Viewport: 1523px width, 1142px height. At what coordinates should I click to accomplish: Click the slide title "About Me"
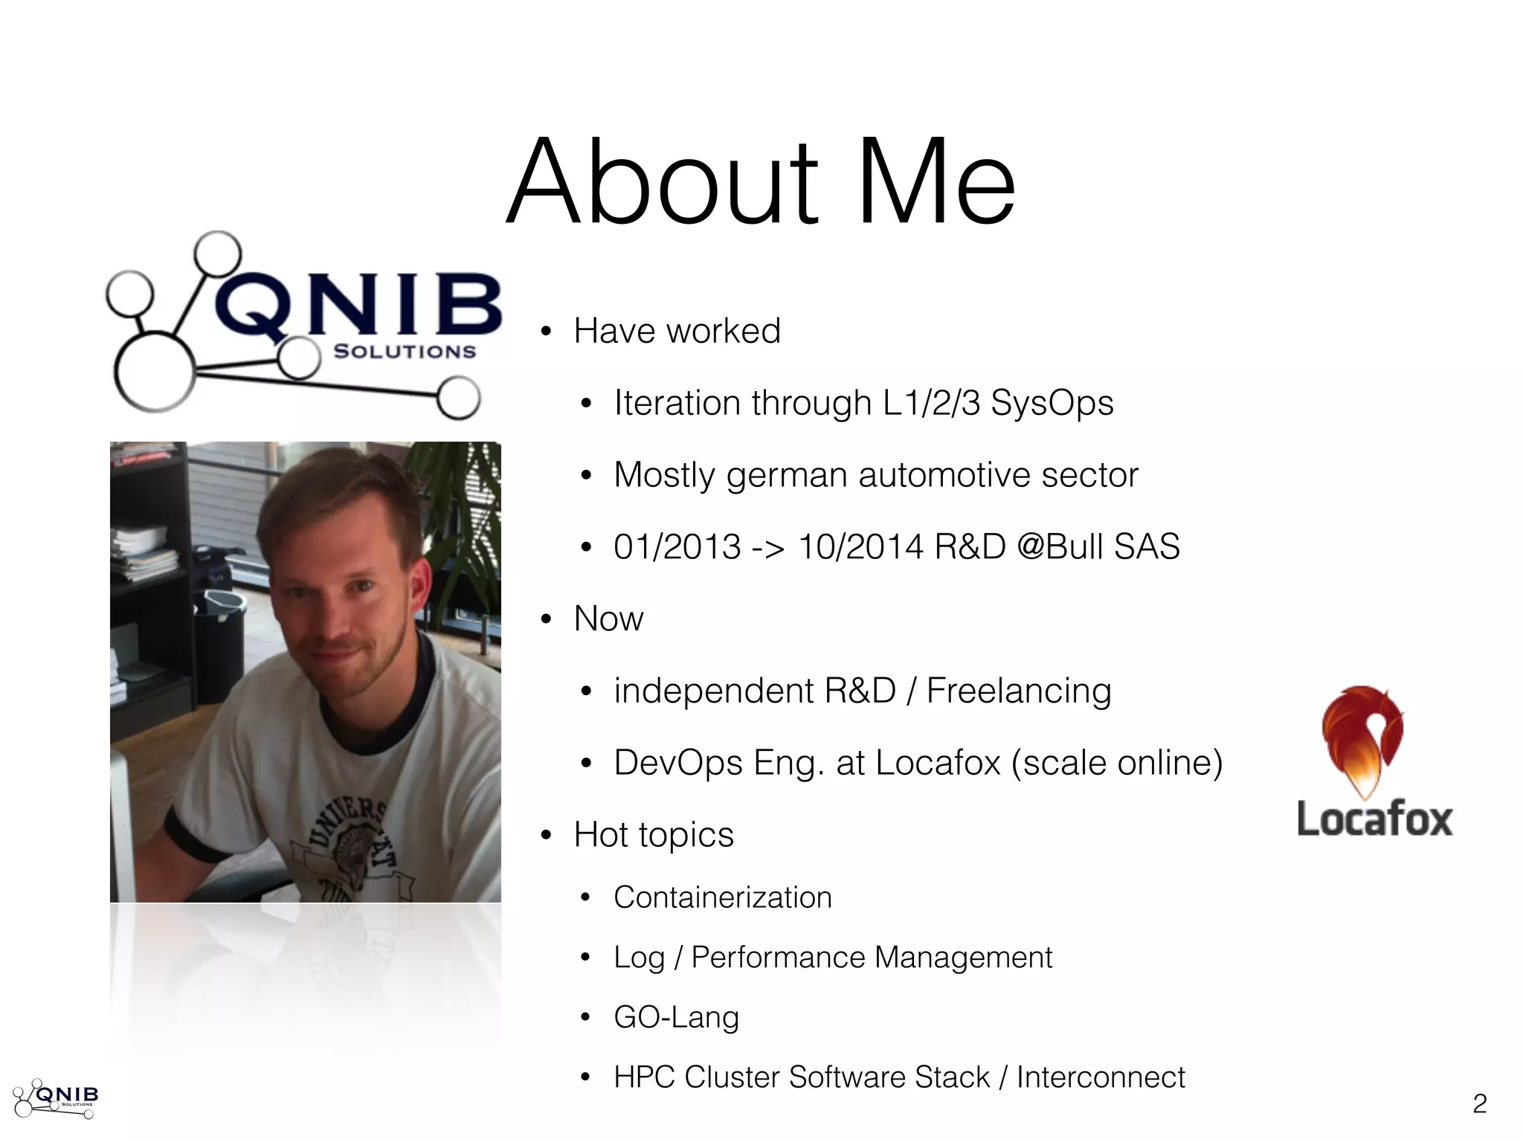[760, 182]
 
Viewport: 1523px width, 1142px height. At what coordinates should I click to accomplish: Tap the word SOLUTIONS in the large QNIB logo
[405, 352]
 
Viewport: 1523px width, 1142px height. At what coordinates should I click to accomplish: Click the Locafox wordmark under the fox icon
[1374, 819]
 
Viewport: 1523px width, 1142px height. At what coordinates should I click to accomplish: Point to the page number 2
[1479, 1103]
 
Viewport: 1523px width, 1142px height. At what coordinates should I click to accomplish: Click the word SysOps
[1052, 404]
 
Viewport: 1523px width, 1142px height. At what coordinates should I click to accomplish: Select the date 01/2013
[677, 547]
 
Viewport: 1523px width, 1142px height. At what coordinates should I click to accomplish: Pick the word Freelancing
[1018, 691]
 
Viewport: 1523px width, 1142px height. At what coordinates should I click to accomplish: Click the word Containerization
[722, 897]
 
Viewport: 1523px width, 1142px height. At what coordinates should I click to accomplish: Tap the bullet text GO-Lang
[676, 1017]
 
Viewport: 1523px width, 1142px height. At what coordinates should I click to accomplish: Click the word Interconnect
[1100, 1077]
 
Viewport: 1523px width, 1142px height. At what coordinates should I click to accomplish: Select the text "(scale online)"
[1116, 763]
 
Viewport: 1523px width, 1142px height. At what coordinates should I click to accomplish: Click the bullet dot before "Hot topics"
[547, 836]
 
